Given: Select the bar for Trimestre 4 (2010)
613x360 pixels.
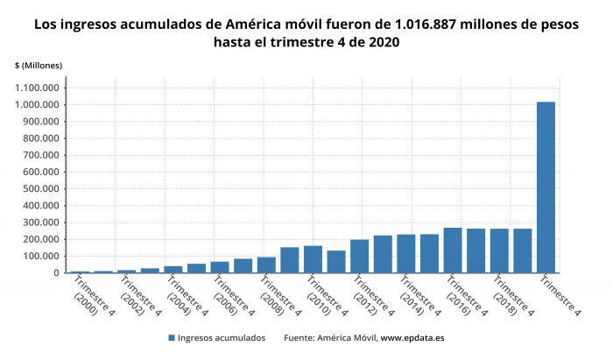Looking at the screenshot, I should coord(313,259).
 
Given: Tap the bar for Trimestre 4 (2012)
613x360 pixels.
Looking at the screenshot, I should coord(359,257).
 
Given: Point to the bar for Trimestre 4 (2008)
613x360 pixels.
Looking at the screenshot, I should coord(266,265).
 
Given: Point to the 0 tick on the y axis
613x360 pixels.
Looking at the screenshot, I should coord(55,273).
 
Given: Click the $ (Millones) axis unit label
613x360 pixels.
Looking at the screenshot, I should coord(38,66).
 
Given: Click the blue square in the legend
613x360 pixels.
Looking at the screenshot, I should coord(171,337).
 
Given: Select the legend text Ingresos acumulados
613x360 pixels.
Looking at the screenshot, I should coord(221,337).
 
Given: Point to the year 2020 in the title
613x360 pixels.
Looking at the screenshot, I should coord(383,43).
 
